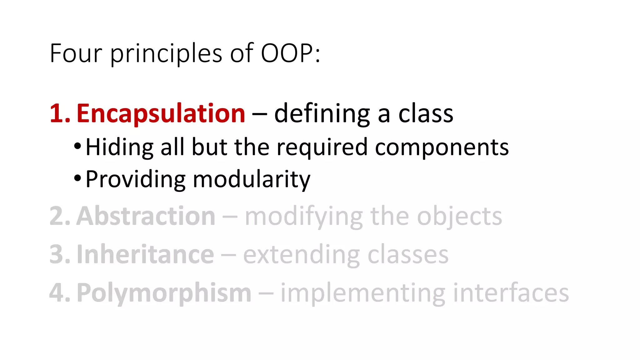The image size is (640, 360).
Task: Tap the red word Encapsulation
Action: (x=161, y=113)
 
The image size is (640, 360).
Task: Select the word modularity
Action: (x=252, y=180)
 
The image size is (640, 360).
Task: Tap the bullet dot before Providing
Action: (x=77, y=178)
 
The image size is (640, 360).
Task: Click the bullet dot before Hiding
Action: (x=77, y=146)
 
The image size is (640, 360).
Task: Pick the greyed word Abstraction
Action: (x=146, y=216)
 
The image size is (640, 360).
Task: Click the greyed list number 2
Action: (x=59, y=216)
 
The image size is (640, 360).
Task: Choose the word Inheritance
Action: (x=145, y=255)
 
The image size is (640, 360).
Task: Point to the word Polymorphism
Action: (x=164, y=293)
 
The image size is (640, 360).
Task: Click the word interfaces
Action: (x=511, y=293)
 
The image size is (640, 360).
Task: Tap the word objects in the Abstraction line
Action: (x=459, y=217)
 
